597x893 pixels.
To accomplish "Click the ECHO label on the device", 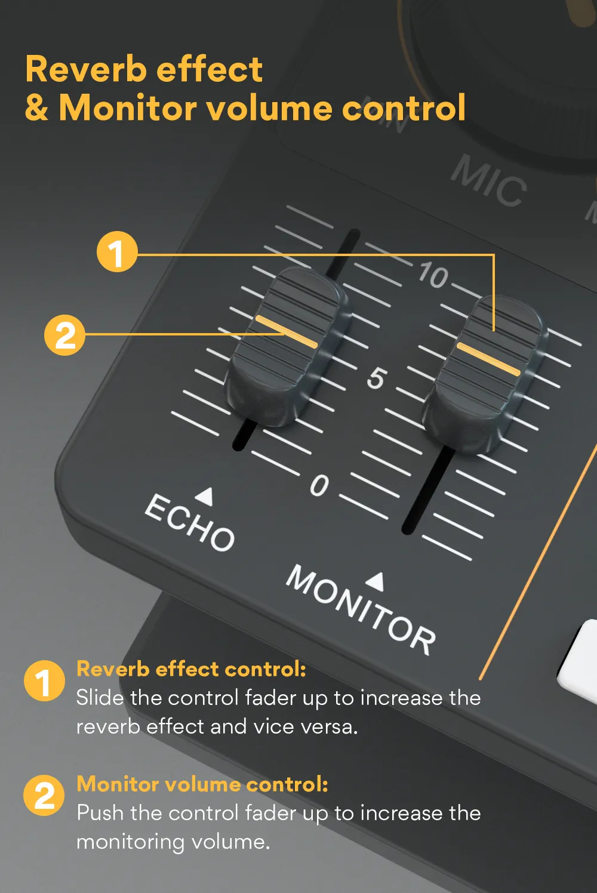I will (x=190, y=522).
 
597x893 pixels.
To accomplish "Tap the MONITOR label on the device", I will (x=361, y=609).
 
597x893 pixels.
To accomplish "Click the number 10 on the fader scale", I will (x=433, y=275).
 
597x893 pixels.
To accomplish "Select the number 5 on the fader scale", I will (x=376, y=378).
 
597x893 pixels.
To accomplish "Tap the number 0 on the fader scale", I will (x=319, y=485).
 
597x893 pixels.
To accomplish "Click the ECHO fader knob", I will (x=285, y=346).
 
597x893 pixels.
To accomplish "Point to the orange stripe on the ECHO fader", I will (x=286, y=332).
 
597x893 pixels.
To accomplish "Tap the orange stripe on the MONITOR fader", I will (x=488, y=359).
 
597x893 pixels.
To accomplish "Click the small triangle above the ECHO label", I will (x=205, y=495).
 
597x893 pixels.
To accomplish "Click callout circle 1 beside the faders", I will (x=117, y=252).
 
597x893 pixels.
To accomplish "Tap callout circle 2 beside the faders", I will (x=65, y=335).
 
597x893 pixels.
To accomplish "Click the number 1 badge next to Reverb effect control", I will (x=44, y=681).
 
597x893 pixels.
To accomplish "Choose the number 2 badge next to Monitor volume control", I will (x=44, y=796).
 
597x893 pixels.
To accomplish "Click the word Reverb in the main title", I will (x=85, y=69).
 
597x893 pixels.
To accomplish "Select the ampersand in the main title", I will (x=37, y=108).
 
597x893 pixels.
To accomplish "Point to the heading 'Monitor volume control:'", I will (x=202, y=784).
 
